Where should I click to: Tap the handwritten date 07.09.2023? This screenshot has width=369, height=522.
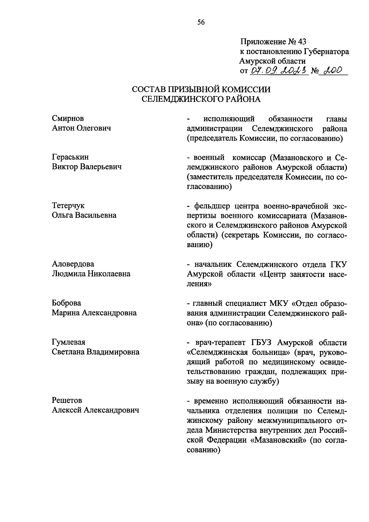coord(279,71)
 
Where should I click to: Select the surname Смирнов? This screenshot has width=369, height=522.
coord(68,118)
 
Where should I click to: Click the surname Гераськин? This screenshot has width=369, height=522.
coord(70,157)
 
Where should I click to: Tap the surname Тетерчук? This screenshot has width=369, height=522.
coord(68,205)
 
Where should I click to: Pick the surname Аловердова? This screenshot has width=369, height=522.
coord(73,264)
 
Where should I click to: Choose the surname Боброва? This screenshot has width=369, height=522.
coord(66,303)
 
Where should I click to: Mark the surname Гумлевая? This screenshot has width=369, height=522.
coord(69,342)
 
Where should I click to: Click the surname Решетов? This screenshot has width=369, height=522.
coord(67,400)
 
